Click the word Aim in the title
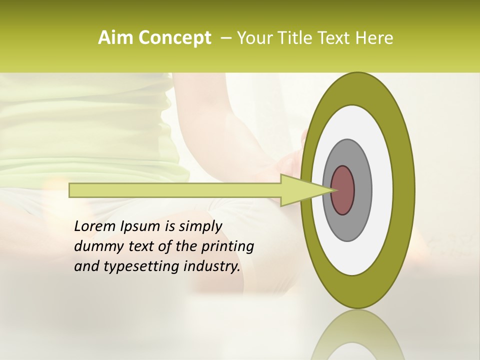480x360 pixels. pyautogui.click(x=114, y=38)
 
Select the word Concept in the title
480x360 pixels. pyautogui.click(x=173, y=38)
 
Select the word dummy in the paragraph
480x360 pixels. pyautogui.click(x=96, y=246)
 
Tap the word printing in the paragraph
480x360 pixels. pyautogui.click(x=227, y=246)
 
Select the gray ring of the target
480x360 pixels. pyautogui.click(x=363, y=190)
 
